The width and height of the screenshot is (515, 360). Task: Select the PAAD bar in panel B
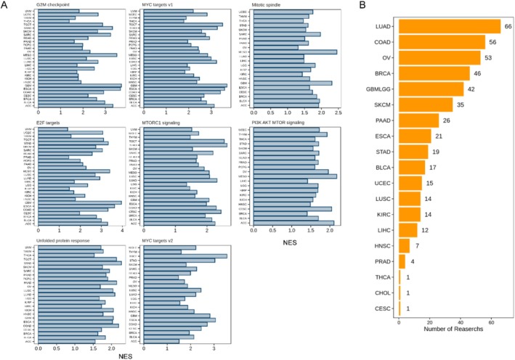(x=419, y=120)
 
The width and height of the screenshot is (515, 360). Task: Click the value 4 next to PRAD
(x=412, y=262)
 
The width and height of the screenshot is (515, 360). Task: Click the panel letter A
(x=5, y=6)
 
